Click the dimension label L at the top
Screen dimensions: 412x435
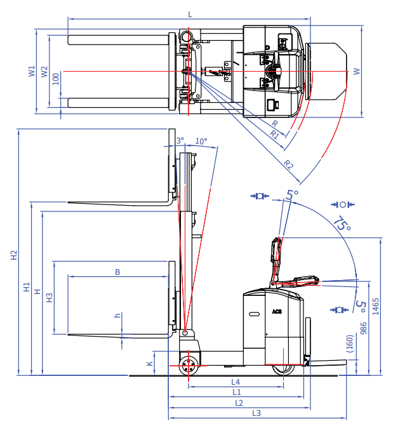[190, 14]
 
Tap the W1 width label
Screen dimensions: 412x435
[32, 71]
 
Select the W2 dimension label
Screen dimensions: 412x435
[44, 72]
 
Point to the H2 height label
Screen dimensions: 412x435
[14, 255]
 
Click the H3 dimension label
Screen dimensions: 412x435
[49, 298]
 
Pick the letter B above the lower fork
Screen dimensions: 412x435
[117, 272]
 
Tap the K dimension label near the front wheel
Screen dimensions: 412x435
[149, 363]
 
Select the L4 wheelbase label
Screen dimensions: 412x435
[236, 382]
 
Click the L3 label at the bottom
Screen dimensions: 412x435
[256, 413]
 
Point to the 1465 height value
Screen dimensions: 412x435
[375, 306]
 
